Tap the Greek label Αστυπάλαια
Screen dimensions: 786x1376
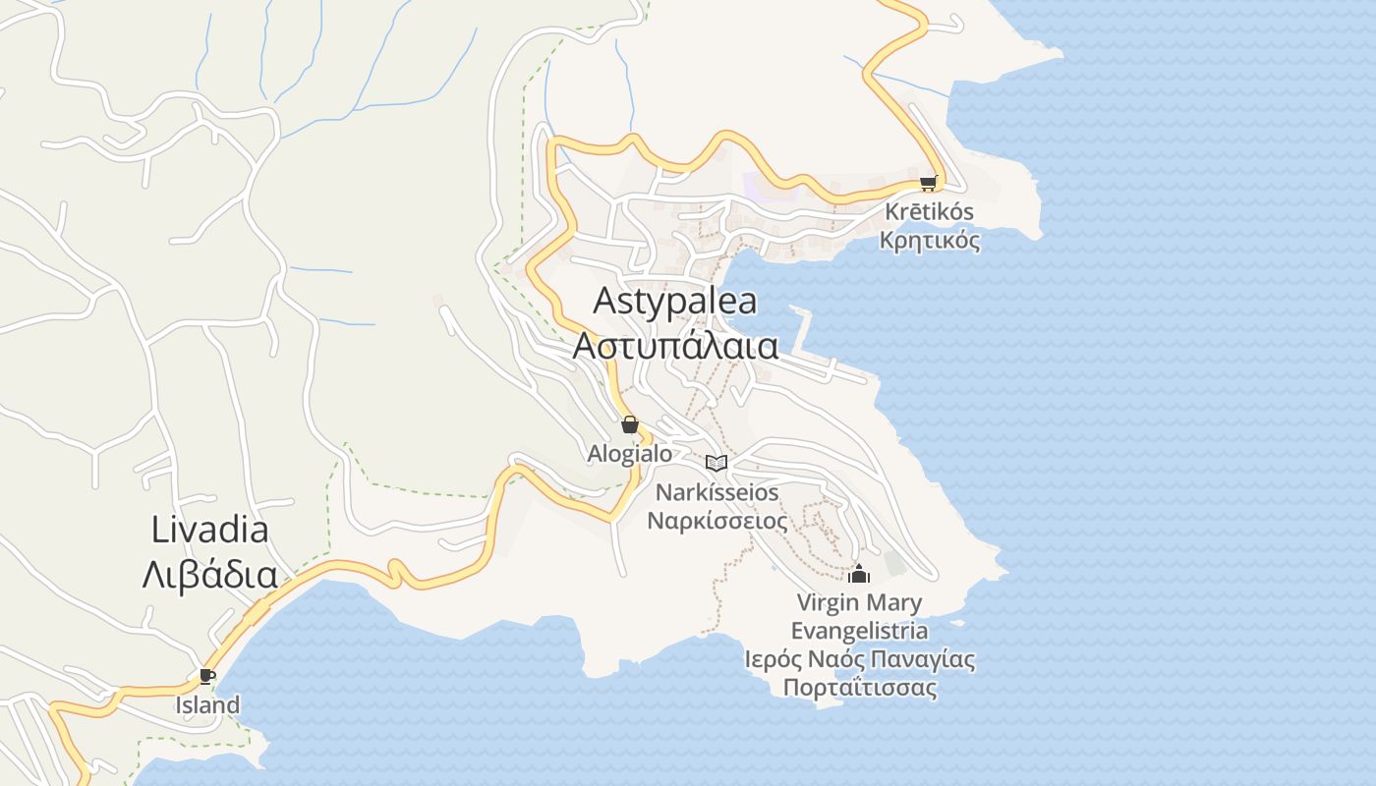pos(675,346)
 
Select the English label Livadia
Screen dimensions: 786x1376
pos(209,531)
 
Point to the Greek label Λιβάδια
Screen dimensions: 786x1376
pos(209,575)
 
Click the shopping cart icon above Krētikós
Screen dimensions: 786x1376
pos(929,183)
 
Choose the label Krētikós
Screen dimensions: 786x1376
pos(929,211)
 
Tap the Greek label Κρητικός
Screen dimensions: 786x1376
pos(929,240)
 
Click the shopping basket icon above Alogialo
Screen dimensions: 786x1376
pos(630,424)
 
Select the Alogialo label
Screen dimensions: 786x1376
pos(630,453)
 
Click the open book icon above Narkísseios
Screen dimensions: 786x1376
pos(717,463)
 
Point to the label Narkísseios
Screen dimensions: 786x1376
pos(717,492)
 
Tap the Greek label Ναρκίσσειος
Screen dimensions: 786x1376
pos(717,520)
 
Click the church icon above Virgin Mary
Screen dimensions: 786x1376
pos(859,574)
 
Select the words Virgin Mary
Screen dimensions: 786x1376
pos(859,602)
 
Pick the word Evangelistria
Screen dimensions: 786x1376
pos(859,631)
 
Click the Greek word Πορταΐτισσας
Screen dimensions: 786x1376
pos(859,687)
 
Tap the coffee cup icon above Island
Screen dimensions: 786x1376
pos(207,676)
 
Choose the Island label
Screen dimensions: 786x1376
pos(207,704)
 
